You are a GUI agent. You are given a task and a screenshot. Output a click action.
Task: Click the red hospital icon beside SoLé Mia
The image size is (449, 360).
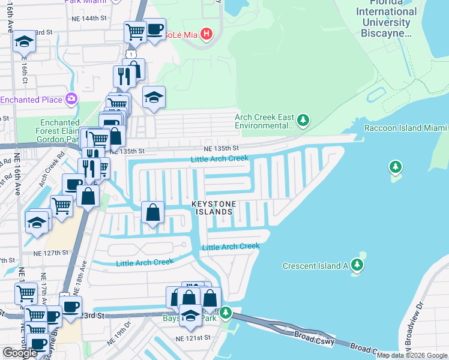[206, 34]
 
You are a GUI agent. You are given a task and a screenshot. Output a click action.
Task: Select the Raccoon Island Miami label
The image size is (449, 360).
[406, 128]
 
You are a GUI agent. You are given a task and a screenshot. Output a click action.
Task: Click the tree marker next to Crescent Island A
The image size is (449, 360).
[358, 265]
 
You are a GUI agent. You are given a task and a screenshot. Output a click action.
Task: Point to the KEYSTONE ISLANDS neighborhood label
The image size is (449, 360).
[212, 208]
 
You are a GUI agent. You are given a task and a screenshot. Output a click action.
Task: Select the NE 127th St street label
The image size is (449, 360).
[52, 253]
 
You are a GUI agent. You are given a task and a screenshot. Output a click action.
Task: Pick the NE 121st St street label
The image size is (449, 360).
[193, 339]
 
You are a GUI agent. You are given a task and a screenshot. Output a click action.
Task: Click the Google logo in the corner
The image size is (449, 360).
[20, 353]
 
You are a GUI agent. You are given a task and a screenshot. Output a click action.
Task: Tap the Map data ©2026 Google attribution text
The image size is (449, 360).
[412, 355]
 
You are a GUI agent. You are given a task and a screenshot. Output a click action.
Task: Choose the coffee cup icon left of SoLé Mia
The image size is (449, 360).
[155, 29]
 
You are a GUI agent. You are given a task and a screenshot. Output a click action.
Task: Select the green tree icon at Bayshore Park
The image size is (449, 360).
[226, 312]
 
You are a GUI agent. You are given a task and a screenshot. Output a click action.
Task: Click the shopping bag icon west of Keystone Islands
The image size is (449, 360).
[153, 212]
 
